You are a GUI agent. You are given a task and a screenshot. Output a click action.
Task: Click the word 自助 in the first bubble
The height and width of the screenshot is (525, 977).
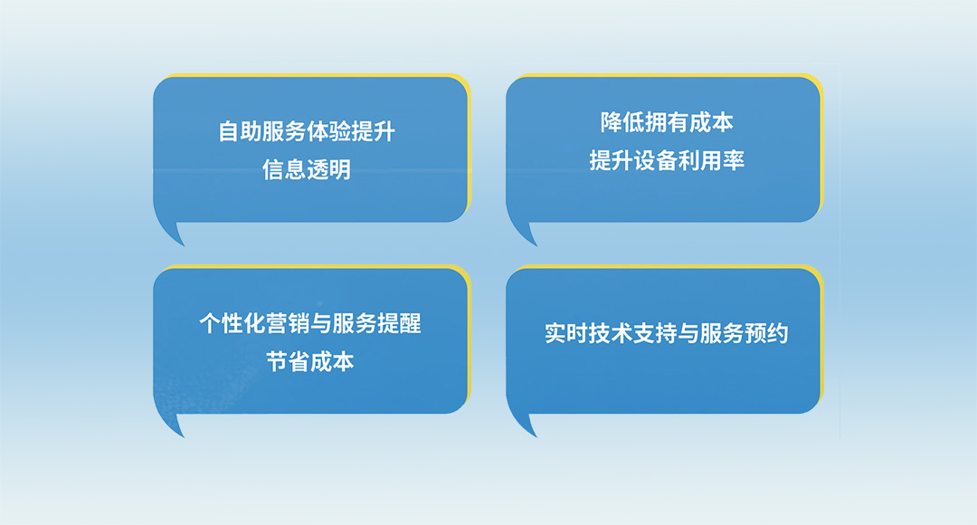240,132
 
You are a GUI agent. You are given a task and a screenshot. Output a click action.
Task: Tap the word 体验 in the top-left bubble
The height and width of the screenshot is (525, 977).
328,132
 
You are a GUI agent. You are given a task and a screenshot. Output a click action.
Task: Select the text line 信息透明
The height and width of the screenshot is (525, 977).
307,170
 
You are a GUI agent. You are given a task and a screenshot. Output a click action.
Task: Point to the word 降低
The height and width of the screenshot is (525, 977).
622,123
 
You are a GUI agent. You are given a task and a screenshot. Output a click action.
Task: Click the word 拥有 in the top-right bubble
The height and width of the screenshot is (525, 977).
667,123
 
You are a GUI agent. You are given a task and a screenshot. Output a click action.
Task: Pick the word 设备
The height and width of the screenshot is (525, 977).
656,161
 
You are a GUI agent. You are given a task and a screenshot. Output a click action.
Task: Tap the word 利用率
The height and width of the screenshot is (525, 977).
711,161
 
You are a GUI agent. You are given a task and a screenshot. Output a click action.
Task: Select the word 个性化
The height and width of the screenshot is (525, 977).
232,324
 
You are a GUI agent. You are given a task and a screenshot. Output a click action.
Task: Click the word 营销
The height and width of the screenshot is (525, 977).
287,324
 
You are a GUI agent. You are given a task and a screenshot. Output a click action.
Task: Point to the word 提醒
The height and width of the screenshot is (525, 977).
399,324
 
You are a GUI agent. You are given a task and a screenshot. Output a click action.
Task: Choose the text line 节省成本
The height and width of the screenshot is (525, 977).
310,362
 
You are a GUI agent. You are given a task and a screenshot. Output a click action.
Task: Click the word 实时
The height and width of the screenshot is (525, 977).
566,333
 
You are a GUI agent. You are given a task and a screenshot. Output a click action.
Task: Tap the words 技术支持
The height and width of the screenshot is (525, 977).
633,333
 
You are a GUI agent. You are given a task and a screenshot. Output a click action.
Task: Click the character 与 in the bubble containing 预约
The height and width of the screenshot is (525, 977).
688,333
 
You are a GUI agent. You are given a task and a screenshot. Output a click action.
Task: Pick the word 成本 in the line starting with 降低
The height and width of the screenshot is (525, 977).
711,123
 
